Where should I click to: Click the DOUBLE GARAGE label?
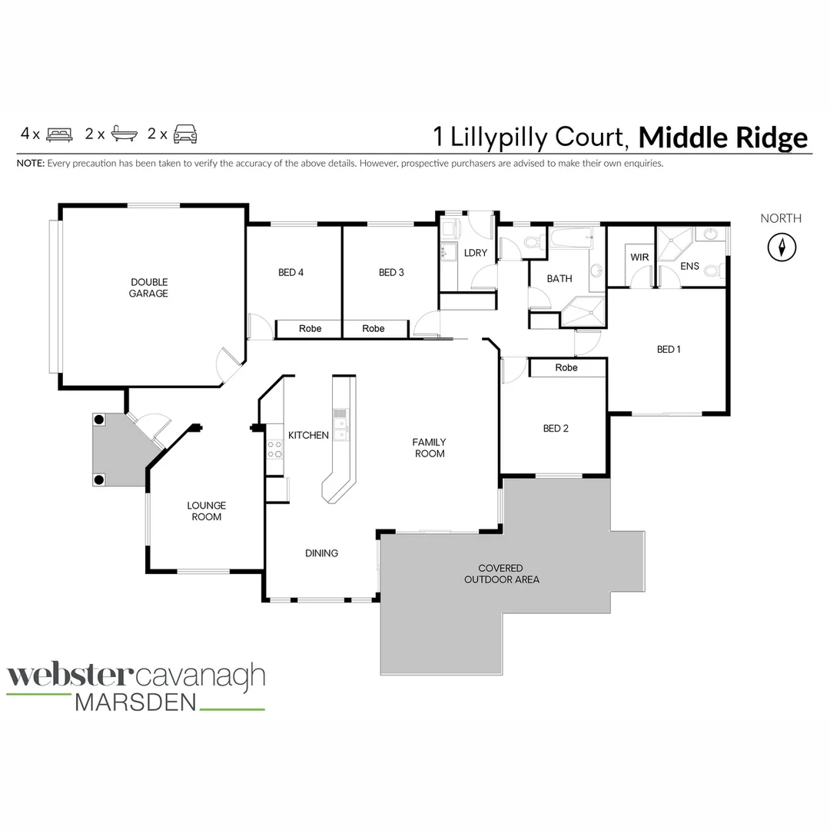(148, 287)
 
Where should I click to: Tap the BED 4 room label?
(290, 272)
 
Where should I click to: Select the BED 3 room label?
(391, 272)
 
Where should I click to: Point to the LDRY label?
(476, 253)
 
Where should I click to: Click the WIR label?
(639, 257)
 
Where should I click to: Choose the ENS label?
(690, 266)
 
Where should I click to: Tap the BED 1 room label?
(669, 349)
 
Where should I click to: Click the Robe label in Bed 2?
(566, 367)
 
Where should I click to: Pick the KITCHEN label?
(308, 435)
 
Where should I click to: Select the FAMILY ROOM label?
(430, 447)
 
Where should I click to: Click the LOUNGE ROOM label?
(206, 511)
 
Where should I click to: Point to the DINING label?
(321, 553)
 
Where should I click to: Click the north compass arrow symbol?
(782, 247)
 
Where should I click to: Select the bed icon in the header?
(59, 134)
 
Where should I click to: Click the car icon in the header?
(185, 134)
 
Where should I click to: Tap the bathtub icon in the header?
(123, 134)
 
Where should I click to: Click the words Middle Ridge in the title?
(723, 138)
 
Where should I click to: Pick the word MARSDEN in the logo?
(135, 702)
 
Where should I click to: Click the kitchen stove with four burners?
(274, 450)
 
